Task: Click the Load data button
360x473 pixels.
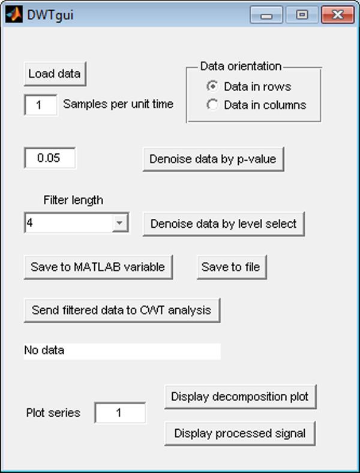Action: click(x=55, y=74)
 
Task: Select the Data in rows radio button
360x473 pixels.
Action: click(x=212, y=86)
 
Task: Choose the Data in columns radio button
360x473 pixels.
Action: click(x=212, y=105)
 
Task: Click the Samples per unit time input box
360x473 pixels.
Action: click(x=40, y=104)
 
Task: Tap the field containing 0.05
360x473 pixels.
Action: click(x=50, y=159)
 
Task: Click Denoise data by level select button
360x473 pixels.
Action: click(x=223, y=224)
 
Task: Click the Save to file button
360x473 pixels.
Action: click(x=231, y=267)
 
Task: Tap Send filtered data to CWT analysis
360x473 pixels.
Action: click(x=122, y=310)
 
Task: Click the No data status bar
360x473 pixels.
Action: click(x=122, y=351)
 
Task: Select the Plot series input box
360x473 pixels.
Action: click(x=120, y=412)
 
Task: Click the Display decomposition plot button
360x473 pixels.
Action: click(x=240, y=397)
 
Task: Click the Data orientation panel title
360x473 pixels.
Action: click(x=240, y=66)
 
